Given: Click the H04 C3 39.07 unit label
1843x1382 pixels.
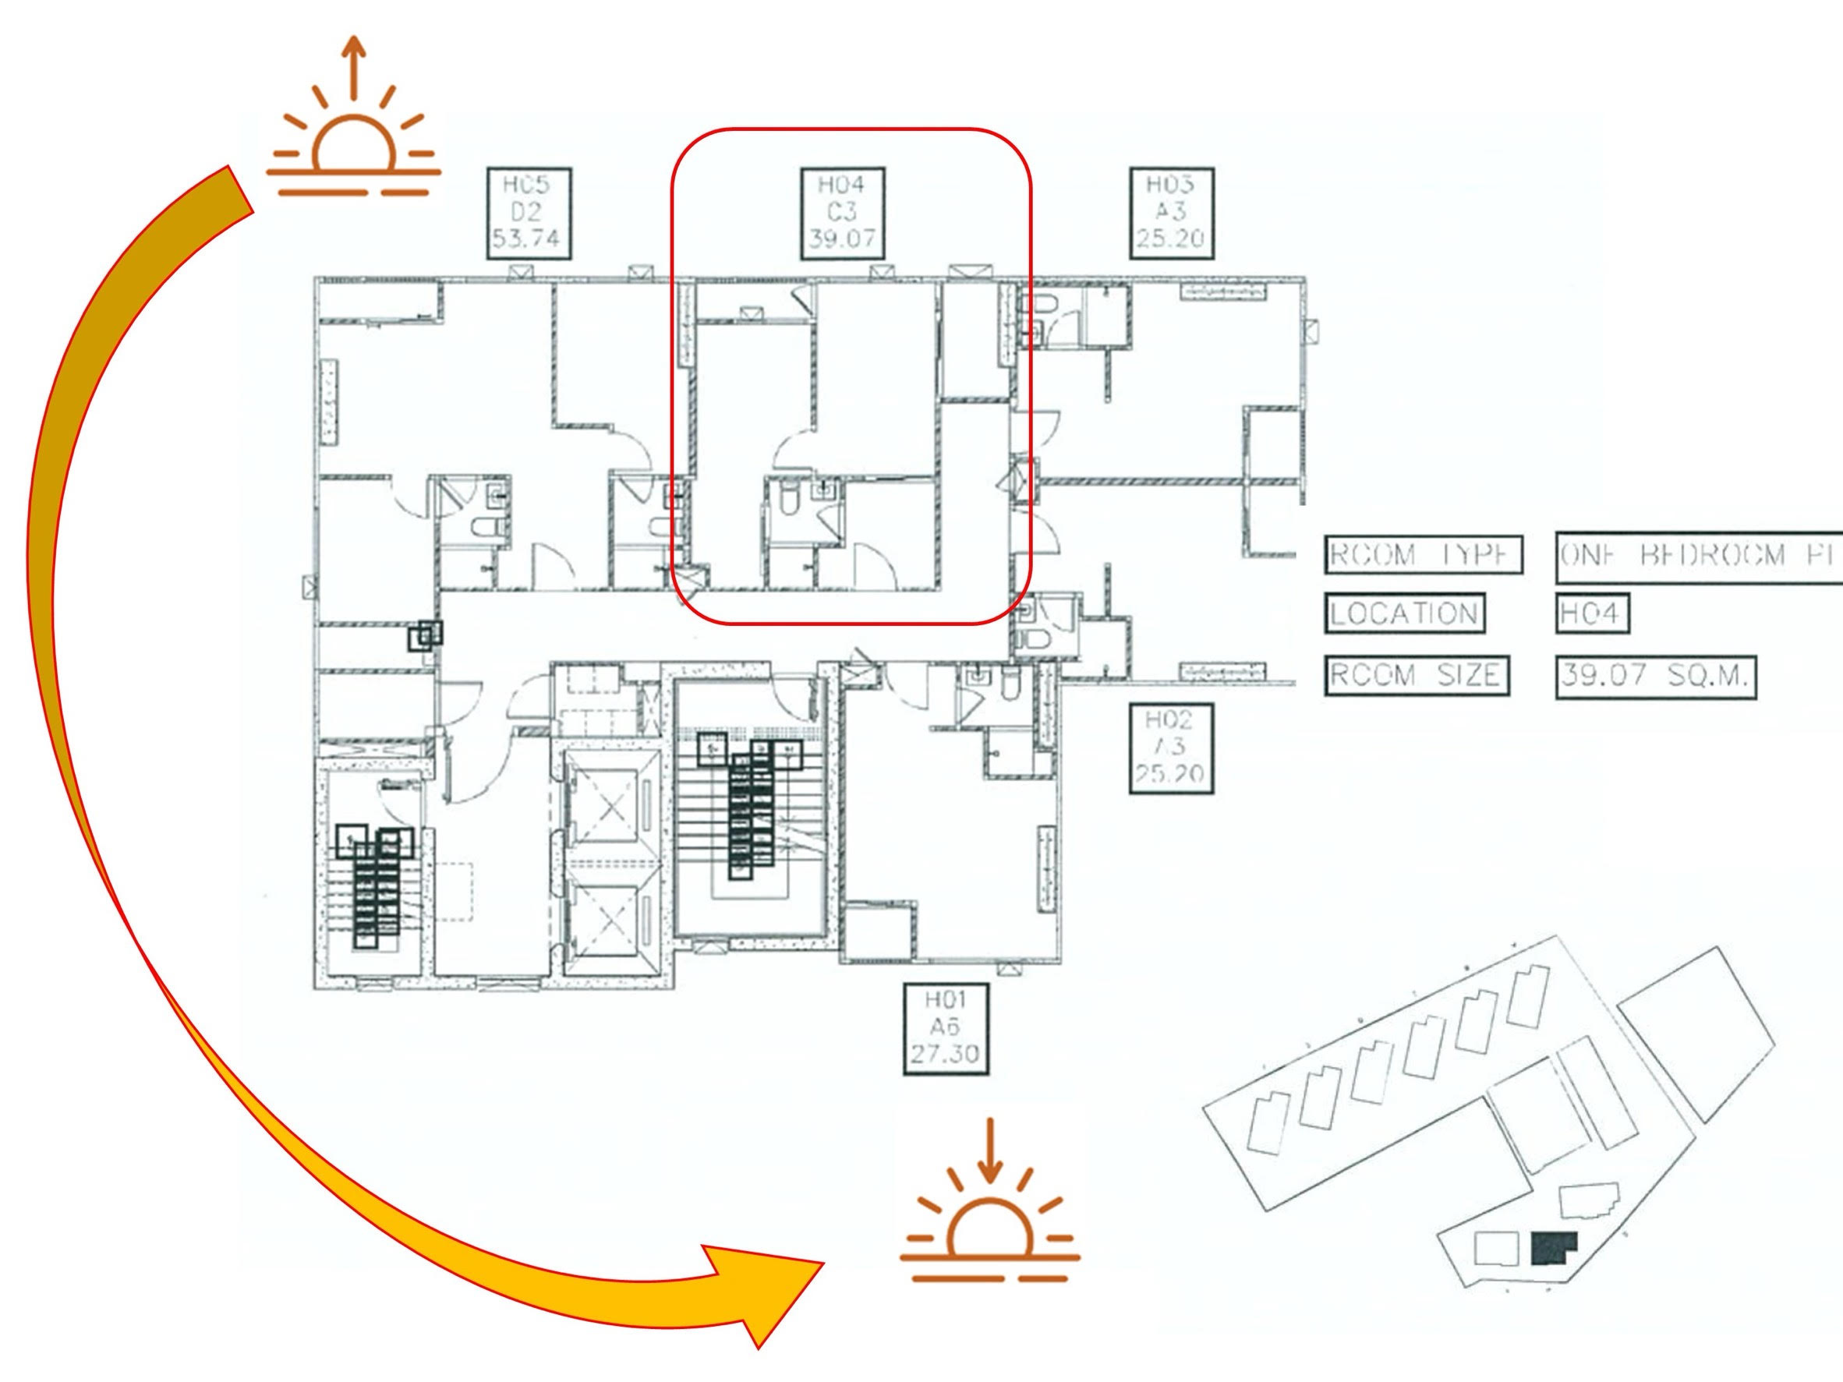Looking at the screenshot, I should (x=841, y=213).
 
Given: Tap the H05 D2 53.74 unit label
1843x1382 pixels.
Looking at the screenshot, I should (x=529, y=213).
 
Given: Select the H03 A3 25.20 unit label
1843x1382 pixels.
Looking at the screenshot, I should (x=1171, y=213).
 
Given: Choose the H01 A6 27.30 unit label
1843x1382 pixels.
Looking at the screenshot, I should (x=946, y=1029).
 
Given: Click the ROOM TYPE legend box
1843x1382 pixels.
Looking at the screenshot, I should (x=1423, y=556).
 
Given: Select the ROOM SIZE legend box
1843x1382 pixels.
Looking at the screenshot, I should (x=1417, y=675).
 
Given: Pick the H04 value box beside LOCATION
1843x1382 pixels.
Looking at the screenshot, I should (x=1591, y=614).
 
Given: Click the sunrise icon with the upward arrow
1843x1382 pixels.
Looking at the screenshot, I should (x=353, y=133).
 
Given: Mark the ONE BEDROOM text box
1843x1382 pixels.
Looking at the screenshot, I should (x=1700, y=556).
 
